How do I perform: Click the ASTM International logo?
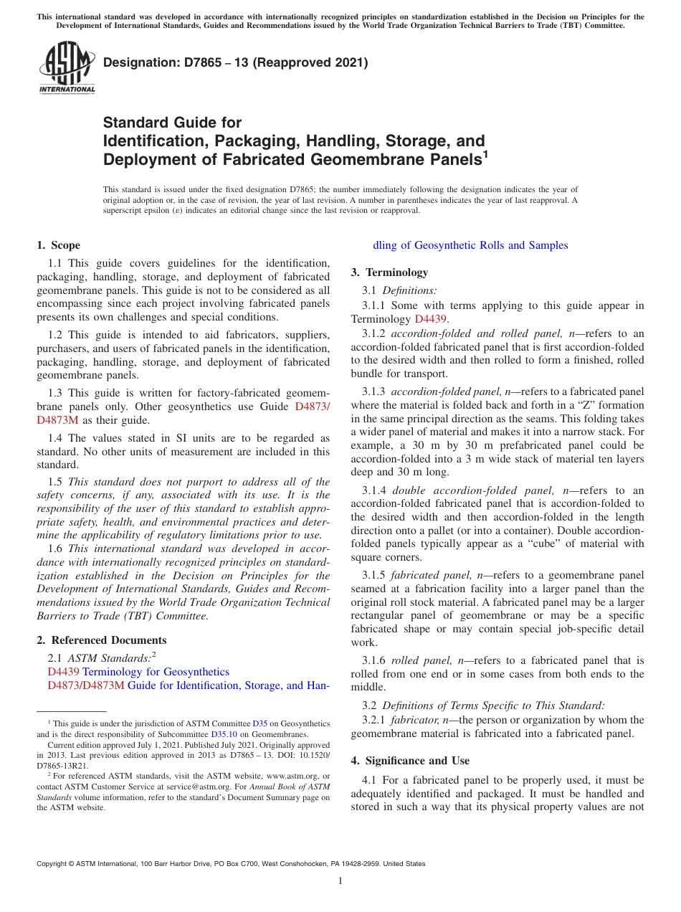[67, 68]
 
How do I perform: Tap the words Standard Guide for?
[172, 123]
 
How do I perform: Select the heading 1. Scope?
[59, 245]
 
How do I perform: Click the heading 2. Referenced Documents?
[102, 640]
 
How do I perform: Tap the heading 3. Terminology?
[389, 272]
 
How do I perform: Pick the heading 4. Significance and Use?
[410, 760]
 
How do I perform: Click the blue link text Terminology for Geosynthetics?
[156, 672]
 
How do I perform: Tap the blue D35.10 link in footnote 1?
[223, 734]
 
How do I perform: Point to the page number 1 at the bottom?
[340, 881]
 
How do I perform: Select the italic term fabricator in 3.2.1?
[414, 720]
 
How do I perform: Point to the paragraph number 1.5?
[56, 482]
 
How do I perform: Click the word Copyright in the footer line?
[54, 864]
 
